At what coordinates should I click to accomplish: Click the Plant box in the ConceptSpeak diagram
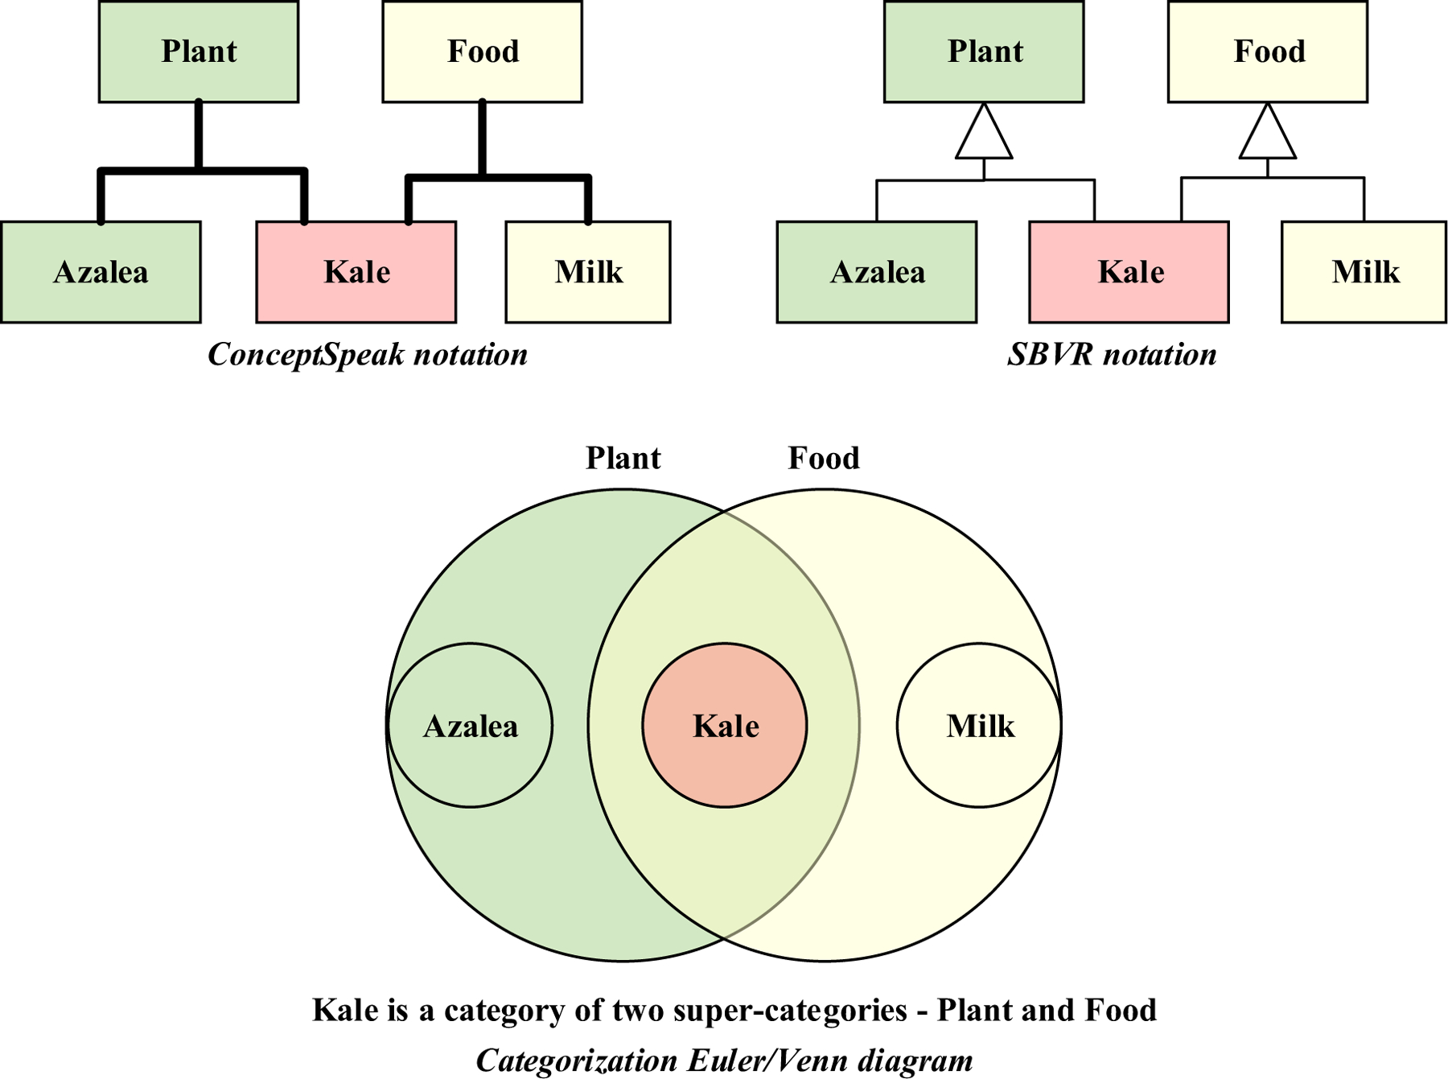tap(199, 51)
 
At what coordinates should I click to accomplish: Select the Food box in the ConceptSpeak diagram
tap(482, 51)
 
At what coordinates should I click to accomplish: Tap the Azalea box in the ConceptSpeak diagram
tap(101, 272)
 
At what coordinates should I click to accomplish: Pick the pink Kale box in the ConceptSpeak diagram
tap(356, 272)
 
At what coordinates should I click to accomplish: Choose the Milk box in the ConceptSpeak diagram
tap(588, 272)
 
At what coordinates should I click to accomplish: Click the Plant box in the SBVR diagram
tap(984, 51)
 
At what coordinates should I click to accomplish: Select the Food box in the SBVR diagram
tap(1268, 51)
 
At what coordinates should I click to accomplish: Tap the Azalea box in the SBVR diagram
tap(877, 272)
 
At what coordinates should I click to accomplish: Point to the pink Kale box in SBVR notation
tap(1129, 272)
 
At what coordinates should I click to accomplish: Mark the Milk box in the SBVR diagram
tap(1364, 272)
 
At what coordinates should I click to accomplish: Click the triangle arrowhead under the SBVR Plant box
tap(984, 135)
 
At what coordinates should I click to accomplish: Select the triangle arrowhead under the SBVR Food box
tap(1268, 135)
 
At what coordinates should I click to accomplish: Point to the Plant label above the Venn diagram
tap(623, 458)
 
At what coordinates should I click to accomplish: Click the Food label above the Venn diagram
tap(824, 458)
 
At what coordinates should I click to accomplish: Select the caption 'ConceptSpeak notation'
tap(368, 354)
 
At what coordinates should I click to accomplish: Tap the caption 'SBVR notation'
tap(1112, 354)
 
